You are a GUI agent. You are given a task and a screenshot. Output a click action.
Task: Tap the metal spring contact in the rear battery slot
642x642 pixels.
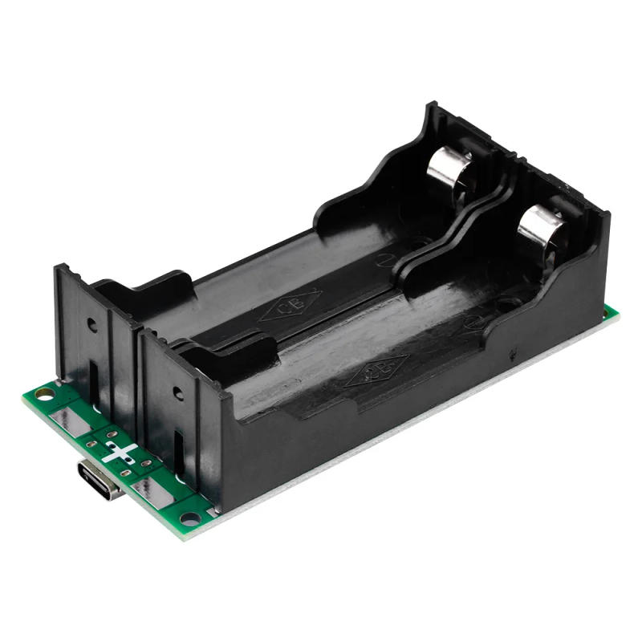click(446, 168)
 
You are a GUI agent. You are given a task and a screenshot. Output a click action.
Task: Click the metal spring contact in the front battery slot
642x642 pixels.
click(538, 226)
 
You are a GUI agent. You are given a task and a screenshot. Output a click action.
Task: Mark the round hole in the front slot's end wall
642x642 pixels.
click(177, 394)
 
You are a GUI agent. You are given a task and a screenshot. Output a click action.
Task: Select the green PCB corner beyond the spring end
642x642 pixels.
click(612, 312)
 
